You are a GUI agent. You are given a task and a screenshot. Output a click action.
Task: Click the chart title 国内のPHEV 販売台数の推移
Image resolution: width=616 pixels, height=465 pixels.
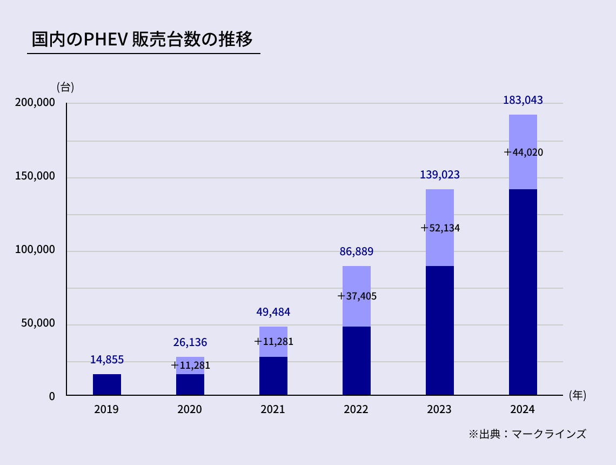pyautogui.click(x=142, y=40)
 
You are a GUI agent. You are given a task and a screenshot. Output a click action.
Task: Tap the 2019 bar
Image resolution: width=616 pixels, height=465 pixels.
pyautogui.click(x=107, y=384)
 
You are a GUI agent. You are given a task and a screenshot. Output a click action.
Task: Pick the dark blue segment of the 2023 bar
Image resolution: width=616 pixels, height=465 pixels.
pyautogui.click(x=440, y=330)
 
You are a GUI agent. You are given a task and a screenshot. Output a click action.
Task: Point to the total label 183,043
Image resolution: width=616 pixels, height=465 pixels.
pyautogui.click(x=523, y=100)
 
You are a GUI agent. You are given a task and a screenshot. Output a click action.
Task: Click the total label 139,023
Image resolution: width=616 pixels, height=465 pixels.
pyautogui.click(x=440, y=175)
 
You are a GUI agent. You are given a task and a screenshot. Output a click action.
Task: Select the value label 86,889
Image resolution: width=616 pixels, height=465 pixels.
pyautogui.click(x=357, y=251)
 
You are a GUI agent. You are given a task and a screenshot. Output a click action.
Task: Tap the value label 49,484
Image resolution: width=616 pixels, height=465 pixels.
pyautogui.click(x=273, y=312)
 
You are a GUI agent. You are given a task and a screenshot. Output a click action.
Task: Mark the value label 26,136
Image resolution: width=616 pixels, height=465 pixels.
pyautogui.click(x=190, y=342)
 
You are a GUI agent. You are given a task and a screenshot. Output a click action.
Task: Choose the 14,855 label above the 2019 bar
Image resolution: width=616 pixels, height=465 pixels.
pyautogui.click(x=107, y=360)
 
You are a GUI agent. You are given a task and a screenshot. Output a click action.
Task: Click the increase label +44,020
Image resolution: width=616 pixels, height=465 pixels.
pyautogui.click(x=524, y=152)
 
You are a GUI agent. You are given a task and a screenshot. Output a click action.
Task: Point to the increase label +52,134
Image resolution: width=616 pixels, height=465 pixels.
pyautogui.click(x=440, y=228)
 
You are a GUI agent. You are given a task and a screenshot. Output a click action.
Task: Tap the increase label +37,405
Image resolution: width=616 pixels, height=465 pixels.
pyautogui.click(x=357, y=296)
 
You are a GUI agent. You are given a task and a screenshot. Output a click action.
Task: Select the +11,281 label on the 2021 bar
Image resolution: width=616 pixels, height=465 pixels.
pyautogui.click(x=274, y=342)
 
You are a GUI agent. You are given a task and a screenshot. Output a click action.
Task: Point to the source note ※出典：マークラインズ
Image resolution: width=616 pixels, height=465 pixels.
pyautogui.click(x=527, y=434)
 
